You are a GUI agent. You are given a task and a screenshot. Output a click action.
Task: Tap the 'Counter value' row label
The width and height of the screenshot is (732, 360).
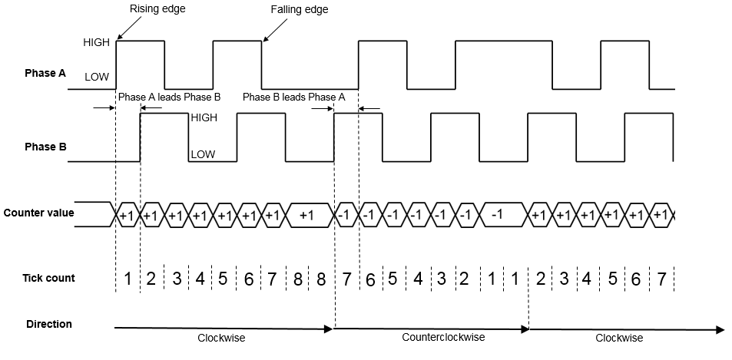tap(38, 213)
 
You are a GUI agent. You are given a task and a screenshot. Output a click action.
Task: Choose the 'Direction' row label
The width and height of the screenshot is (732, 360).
tap(48, 324)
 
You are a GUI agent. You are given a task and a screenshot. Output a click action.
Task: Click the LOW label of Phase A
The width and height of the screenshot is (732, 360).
tap(98, 77)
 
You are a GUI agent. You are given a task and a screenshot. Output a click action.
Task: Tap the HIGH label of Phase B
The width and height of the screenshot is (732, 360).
tap(204, 118)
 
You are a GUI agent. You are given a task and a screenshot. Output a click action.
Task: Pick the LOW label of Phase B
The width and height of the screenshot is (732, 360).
tap(203, 154)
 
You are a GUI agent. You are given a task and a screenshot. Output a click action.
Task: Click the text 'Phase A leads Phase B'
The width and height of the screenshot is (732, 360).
tap(169, 97)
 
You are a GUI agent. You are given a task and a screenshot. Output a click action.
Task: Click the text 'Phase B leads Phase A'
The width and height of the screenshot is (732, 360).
tap(293, 97)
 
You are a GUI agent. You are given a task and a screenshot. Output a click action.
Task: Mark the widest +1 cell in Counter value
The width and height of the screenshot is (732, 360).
tap(306, 216)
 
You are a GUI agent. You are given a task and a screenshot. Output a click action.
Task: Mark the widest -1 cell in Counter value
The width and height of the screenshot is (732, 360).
tap(496, 216)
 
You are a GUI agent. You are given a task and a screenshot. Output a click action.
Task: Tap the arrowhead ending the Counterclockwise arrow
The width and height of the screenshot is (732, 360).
tap(525, 329)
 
